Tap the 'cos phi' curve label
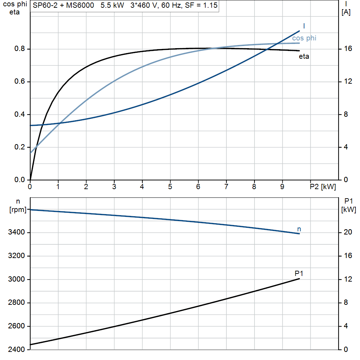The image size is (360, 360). pyautogui.click(x=304, y=38)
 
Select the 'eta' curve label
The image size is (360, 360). pyautogui.click(x=304, y=56)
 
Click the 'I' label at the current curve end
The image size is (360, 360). pyautogui.click(x=304, y=26)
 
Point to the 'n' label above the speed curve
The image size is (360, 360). pyautogui.click(x=299, y=229)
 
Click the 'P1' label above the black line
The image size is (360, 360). pyautogui.click(x=299, y=273)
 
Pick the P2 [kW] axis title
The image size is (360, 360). pyautogui.click(x=323, y=187)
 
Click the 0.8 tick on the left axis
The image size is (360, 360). pyautogui.click(x=19, y=49)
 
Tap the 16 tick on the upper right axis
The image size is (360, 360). pyautogui.click(x=348, y=49)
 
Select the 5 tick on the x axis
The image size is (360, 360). pyautogui.click(x=170, y=187)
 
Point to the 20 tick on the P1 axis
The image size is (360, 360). pyautogui.click(x=348, y=232)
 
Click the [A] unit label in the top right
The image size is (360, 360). pyautogui.click(x=346, y=13)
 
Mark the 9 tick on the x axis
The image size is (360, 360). pyautogui.click(x=282, y=187)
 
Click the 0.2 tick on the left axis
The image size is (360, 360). pyautogui.click(x=19, y=147)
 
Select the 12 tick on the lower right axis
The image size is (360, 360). pyautogui.click(x=348, y=279)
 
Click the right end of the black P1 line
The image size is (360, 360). pyautogui.click(x=300, y=278)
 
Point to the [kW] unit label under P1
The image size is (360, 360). pyautogui.click(x=348, y=210)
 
